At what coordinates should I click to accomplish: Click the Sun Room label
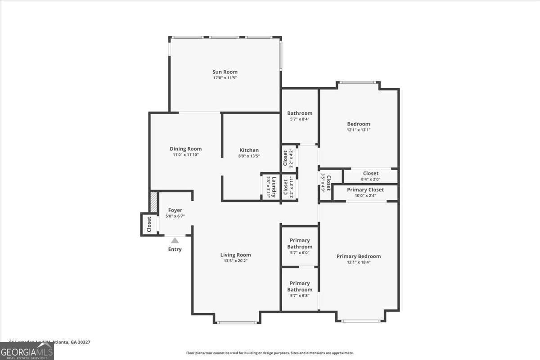tap(225, 72)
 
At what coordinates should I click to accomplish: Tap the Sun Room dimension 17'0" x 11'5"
tap(225, 78)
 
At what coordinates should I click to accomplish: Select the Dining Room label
tap(185, 149)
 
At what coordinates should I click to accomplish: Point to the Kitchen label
tap(249, 150)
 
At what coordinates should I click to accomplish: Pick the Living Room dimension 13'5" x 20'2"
tap(235, 261)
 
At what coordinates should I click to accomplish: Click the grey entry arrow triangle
tap(175, 241)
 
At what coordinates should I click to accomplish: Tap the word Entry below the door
tap(175, 249)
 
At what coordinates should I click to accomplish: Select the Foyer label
tap(175, 210)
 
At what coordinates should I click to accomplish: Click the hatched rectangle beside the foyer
tap(153, 202)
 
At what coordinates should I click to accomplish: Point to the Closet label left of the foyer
tap(149, 225)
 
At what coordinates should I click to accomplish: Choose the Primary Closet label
tap(365, 190)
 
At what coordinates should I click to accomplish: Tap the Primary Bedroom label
tap(359, 256)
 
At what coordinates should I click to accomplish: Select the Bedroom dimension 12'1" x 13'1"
tap(358, 130)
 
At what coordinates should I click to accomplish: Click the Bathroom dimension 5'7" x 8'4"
tap(300, 119)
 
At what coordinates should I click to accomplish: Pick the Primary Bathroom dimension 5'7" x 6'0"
tap(300, 252)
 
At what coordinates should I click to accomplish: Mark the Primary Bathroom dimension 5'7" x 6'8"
tap(300, 295)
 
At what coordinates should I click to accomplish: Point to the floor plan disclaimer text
tap(270, 353)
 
